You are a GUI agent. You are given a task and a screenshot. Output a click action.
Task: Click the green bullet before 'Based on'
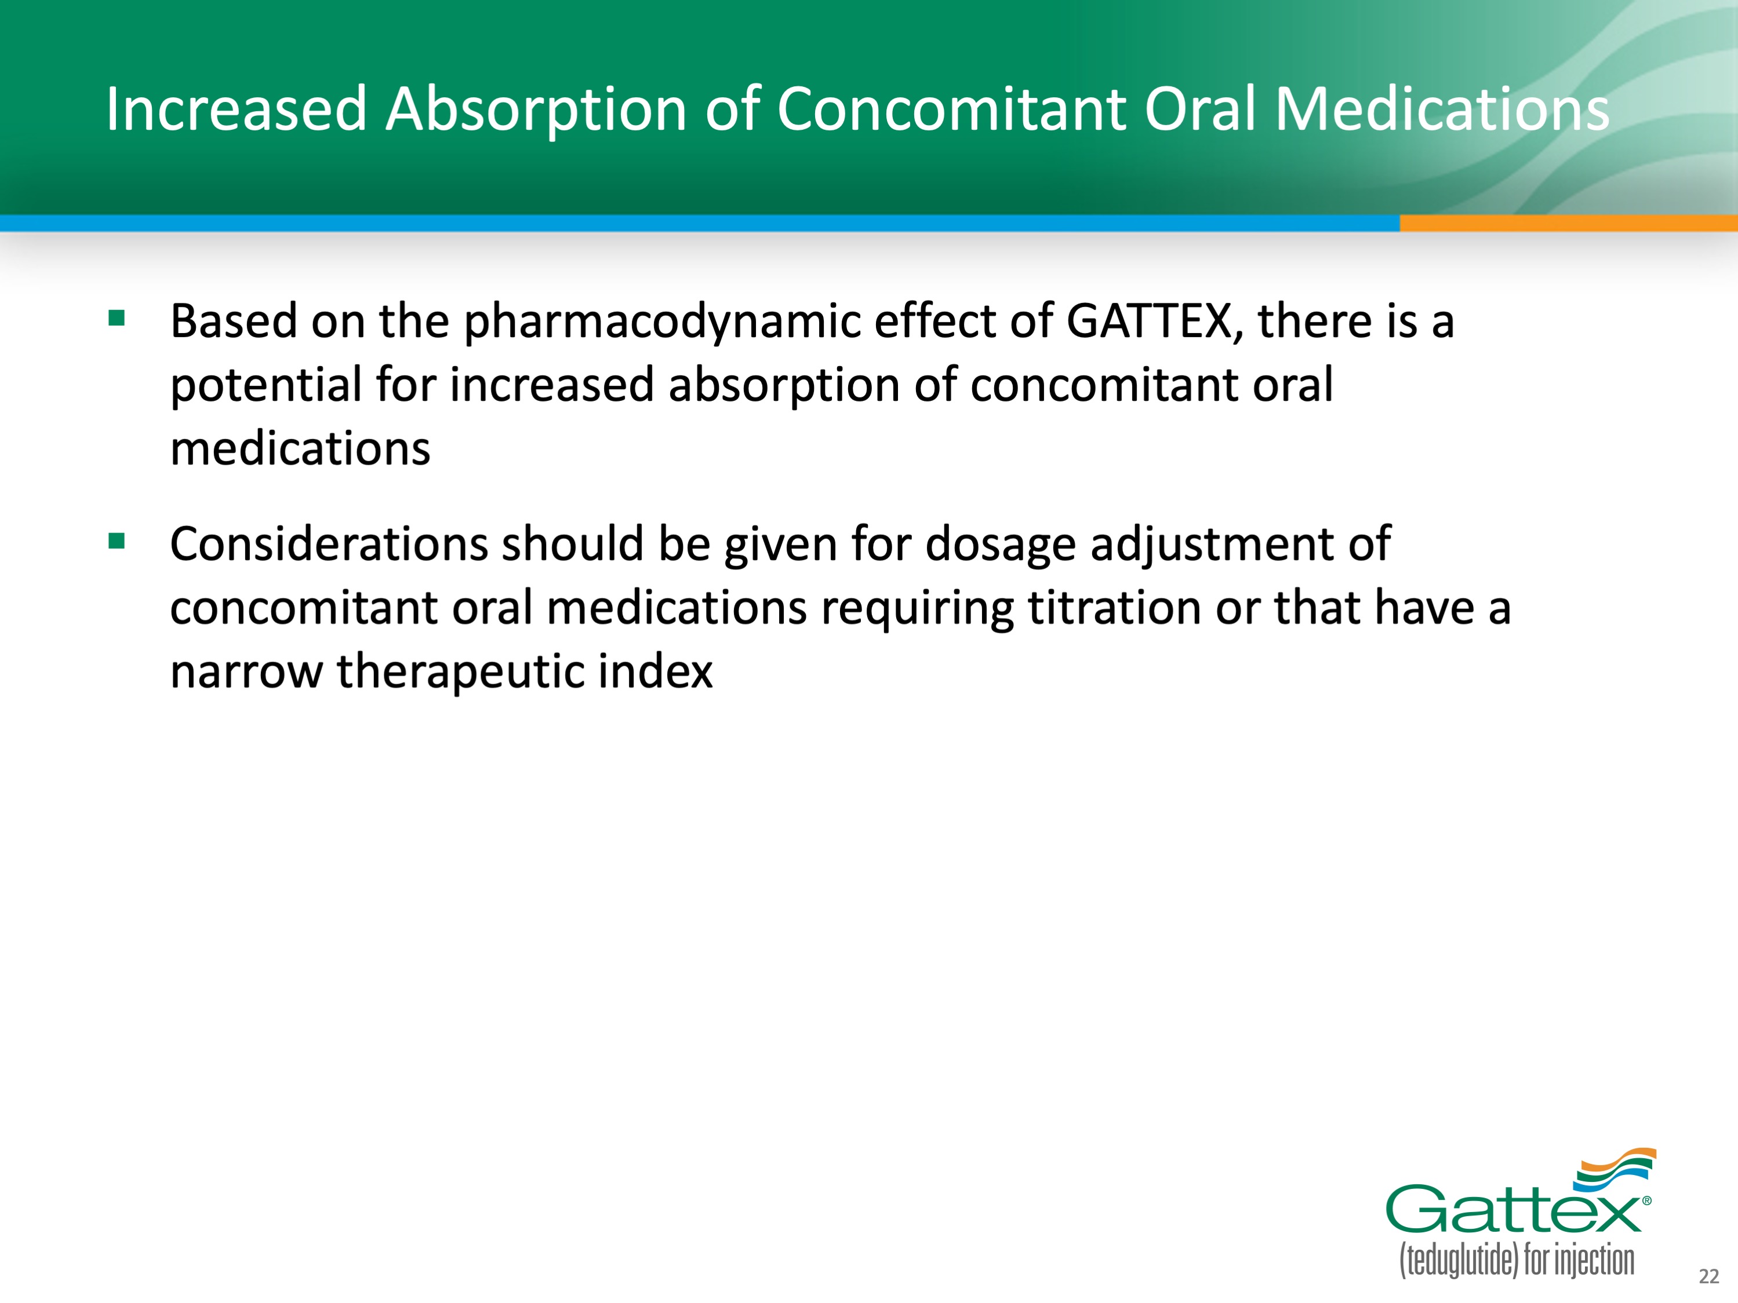(117, 317)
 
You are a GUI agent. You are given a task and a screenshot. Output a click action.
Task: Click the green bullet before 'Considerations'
(117, 541)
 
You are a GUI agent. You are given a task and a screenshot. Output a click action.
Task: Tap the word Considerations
(329, 543)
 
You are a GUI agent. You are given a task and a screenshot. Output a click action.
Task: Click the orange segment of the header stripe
(1568, 223)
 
